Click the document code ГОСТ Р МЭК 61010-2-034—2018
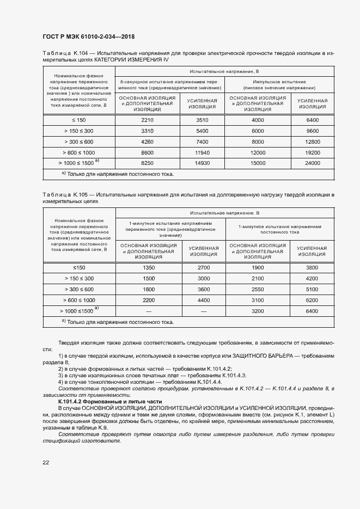click(88, 37)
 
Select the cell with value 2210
click(148, 120)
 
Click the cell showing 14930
click(202, 163)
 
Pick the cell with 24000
click(312, 163)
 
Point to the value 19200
click(312, 152)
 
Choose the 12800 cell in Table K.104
click(312, 142)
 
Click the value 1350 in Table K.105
click(149, 268)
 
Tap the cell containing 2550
click(258, 289)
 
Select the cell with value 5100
click(312, 289)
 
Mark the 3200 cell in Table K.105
click(258, 311)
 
